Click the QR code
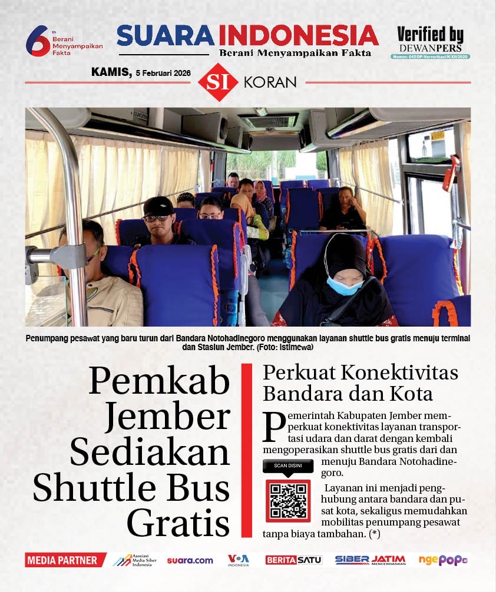click(x=287, y=500)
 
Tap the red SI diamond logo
click(x=218, y=82)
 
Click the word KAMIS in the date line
click(x=111, y=72)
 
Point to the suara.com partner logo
click(x=190, y=560)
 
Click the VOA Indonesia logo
click(x=239, y=560)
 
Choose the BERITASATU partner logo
click(x=293, y=560)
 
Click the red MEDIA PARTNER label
click(x=64, y=560)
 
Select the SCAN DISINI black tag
click(x=287, y=466)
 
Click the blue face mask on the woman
click(x=345, y=286)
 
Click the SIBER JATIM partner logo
click(x=371, y=560)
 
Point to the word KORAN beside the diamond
click(x=270, y=82)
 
